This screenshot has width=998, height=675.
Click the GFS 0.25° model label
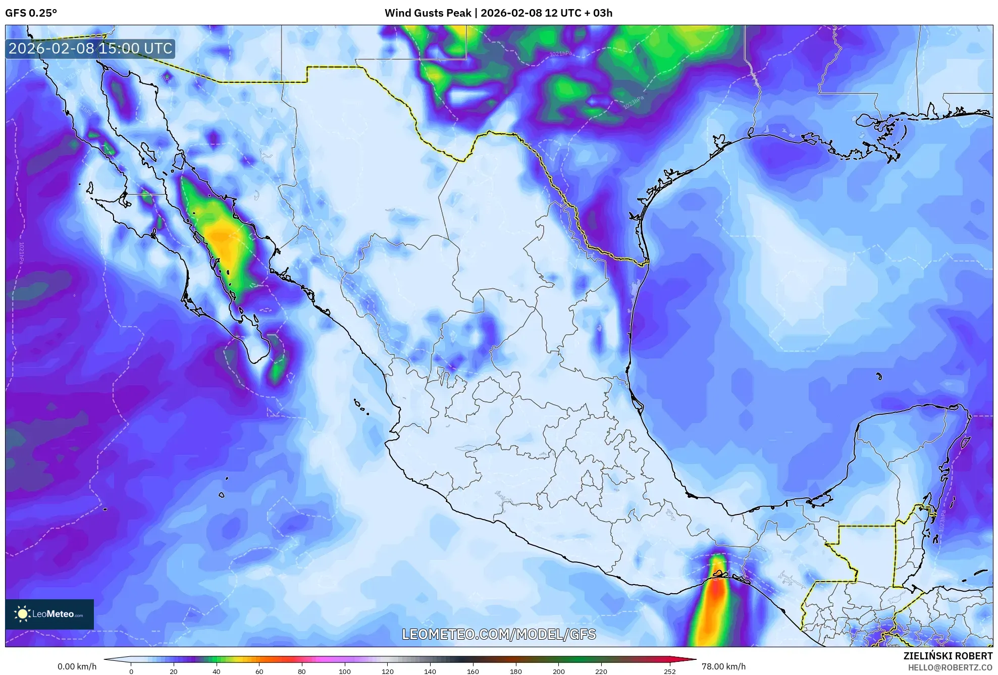point(31,13)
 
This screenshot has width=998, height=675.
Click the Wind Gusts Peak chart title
point(498,13)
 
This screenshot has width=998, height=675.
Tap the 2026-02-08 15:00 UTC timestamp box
point(90,48)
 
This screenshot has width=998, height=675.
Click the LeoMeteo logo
point(49,614)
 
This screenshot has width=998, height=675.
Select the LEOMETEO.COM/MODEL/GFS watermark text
point(499,634)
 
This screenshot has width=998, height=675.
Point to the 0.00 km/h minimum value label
point(77,666)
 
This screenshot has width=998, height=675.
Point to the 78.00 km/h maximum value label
point(723,666)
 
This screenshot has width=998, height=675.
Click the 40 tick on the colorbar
point(217,671)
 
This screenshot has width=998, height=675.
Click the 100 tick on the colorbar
point(345,671)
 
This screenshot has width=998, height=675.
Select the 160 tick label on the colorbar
point(473,671)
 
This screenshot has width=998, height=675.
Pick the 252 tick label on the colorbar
point(669,671)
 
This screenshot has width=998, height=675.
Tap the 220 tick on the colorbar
point(601,671)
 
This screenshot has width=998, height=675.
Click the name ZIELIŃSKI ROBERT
point(948,656)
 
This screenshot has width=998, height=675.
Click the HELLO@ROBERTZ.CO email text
point(950,667)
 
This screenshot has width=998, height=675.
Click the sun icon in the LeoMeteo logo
point(22,614)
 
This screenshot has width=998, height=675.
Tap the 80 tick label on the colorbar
point(302,671)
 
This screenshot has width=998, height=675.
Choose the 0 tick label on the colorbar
point(131,671)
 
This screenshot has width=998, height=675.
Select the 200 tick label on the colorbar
point(558,671)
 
